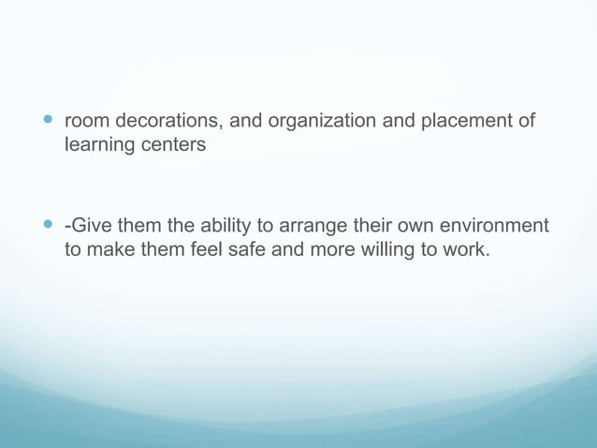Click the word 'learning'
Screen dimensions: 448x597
98,146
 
